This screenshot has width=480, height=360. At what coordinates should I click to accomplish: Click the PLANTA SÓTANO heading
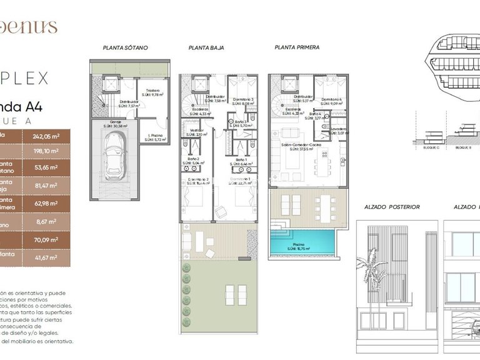121,47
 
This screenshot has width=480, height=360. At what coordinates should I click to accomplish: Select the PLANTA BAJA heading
206,47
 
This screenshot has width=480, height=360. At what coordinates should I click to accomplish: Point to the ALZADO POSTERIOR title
392,207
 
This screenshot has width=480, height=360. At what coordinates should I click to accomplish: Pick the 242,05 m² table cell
46,136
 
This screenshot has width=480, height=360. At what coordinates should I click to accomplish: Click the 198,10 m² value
46,151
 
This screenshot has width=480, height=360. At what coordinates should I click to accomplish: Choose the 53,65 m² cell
46,167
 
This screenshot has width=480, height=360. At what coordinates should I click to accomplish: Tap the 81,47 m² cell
46,186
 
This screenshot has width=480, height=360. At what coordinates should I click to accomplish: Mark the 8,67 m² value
46,221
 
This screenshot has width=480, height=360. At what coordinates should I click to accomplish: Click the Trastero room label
152,91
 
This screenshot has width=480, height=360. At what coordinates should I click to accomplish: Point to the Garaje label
116,122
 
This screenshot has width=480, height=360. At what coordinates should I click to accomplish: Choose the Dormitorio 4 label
331,99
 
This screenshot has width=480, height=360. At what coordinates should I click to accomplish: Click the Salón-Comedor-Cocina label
304,145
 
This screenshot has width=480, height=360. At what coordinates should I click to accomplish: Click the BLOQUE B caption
463,147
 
